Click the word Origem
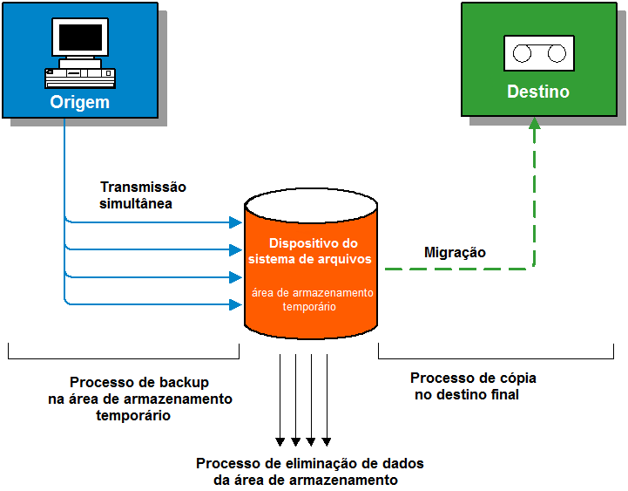(x=80, y=102)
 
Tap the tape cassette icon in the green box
(x=538, y=53)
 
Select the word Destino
(x=538, y=92)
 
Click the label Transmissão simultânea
(x=143, y=195)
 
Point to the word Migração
(x=455, y=253)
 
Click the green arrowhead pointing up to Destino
(x=534, y=124)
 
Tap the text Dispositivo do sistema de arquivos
(x=311, y=251)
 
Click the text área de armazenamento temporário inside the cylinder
(x=312, y=299)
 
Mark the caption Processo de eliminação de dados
(x=309, y=472)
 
